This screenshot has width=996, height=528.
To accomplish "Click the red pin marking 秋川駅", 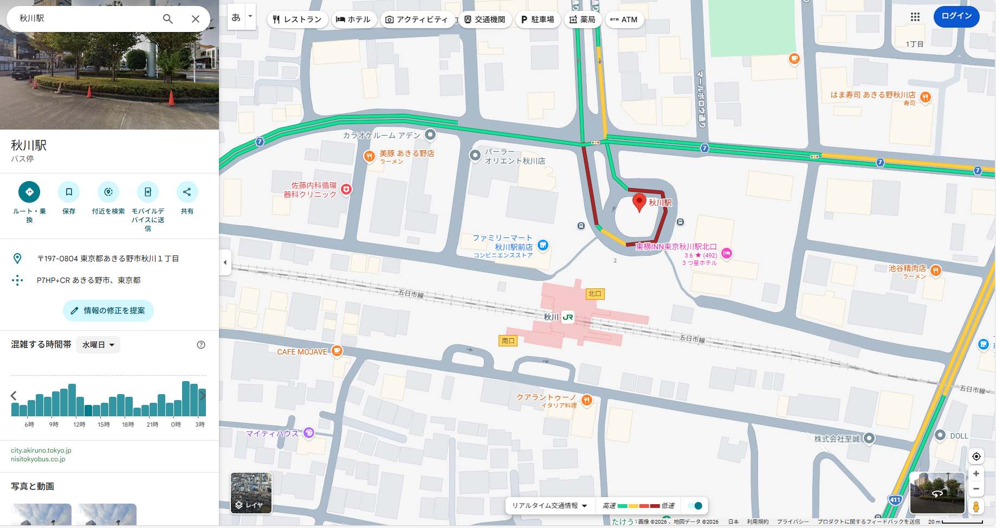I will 639,202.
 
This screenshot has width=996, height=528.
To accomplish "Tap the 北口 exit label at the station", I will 595,294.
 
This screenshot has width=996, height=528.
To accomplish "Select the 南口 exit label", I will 508,341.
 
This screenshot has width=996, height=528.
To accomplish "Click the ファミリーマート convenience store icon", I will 543,246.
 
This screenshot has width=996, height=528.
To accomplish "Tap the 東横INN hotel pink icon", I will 727,253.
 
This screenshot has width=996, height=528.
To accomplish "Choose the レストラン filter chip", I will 297,20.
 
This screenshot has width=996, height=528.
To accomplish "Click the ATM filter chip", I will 624,20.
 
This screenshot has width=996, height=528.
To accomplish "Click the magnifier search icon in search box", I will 168,19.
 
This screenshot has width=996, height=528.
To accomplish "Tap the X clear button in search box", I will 196,19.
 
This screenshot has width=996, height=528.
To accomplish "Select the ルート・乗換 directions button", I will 29,192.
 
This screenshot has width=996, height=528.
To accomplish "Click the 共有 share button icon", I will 187,192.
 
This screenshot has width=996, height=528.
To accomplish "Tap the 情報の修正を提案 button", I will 108,311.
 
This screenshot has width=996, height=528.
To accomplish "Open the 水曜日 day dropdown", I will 98,345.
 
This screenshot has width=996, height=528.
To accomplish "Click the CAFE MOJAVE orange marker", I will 337,351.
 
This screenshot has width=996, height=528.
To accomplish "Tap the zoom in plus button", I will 976,473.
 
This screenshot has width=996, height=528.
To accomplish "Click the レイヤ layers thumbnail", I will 251,493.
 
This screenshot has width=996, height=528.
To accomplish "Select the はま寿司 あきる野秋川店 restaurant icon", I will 926,97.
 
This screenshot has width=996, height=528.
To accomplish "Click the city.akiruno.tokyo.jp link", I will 41,450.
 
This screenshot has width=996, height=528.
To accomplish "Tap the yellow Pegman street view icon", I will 976,506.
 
